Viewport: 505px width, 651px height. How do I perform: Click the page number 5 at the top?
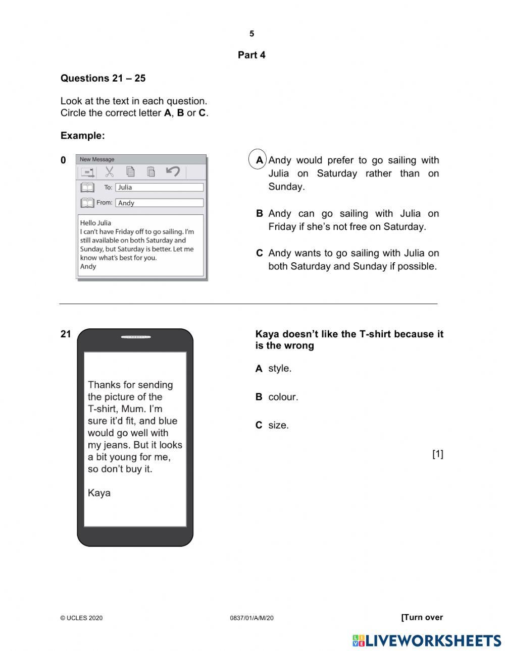pyautogui.click(x=251, y=34)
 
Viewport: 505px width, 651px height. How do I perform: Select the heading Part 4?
pyautogui.click(x=251, y=55)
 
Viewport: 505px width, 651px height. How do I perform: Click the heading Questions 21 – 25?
pyautogui.click(x=103, y=78)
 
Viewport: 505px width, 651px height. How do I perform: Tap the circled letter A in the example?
pyautogui.click(x=259, y=160)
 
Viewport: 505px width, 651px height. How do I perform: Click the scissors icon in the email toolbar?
pyautogui.click(x=109, y=172)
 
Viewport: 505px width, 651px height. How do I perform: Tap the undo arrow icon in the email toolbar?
pyautogui.click(x=173, y=171)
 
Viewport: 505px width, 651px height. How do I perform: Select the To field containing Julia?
pyautogui.click(x=159, y=187)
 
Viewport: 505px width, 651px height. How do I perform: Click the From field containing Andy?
pyautogui.click(x=159, y=203)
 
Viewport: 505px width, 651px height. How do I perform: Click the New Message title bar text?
pyautogui.click(x=97, y=159)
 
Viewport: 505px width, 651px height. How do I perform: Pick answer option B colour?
pyautogui.click(x=277, y=397)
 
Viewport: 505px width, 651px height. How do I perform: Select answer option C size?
pyautogui.click(x=272, y=425)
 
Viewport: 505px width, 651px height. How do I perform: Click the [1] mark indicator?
pyautogui.click(x=437, y=454)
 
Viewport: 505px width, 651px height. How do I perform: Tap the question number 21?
pyautogui.click(x=66, y=334)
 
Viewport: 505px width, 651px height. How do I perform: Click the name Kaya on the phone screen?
pyautogui.click(x=99, y=493)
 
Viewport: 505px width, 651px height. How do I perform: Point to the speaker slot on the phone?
pyautogui.click(x=136, y=337)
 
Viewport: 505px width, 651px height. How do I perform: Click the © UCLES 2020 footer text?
pyautogui.click(x=81, y=618)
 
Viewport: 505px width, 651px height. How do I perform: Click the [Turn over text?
pyautogui.click(x=422, y=617)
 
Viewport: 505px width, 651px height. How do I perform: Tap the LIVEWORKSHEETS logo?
pyautogui.click(x=427, y=640)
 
